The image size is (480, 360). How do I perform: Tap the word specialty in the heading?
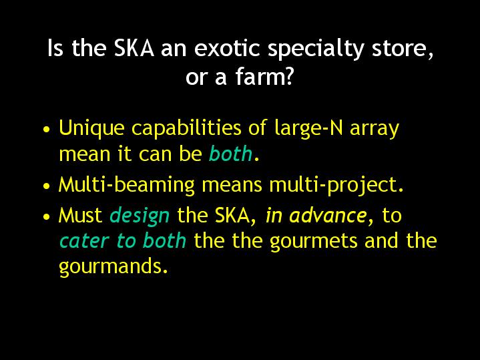click(x=316, y=49)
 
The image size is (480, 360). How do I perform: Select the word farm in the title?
click(x=256, y=76)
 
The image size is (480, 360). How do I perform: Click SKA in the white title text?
click(x=134, y=48)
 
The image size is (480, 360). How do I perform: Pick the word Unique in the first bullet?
click(x=91, y=128)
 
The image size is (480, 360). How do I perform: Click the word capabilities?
click(x=186, y=128)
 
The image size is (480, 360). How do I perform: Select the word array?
click(x=375, y=130)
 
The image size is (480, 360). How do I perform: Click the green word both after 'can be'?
click(x=230, y=154)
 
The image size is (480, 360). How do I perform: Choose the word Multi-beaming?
click(x=127, y=185)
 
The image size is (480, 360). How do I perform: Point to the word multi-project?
click(x=336, y=185)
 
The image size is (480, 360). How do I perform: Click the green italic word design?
click(x=140, y=216)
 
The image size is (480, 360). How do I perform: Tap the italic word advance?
click(x=328, y=215)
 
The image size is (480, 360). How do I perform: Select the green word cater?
click(x=84, y=241)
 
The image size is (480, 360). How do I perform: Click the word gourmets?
click(x=314, y=242)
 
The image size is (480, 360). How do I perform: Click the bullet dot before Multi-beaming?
click(x=47, y=186)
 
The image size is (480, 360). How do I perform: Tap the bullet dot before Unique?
click(x=47, y=129)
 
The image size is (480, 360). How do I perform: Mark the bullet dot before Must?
click(x=47, y=216)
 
